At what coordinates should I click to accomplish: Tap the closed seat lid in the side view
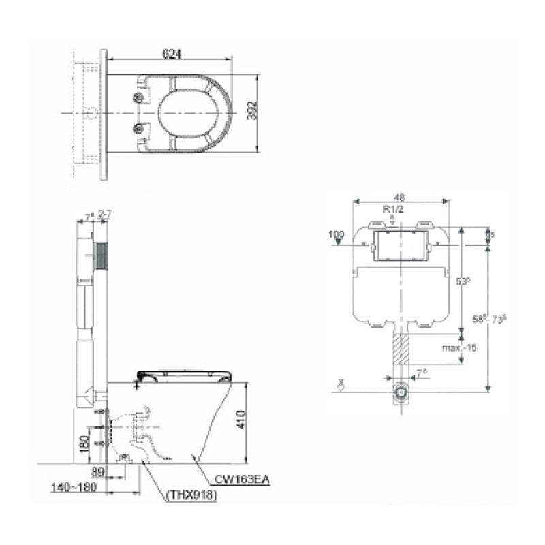pyautogui.click(x=184, y=373)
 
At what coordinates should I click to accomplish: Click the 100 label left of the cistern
pyautogui.click(x=336, y=234)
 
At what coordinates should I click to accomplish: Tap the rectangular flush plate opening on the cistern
pyautogui.click(x=400, y=247)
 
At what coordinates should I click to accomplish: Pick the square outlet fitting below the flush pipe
pyautogui.click(x=401, y=393)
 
